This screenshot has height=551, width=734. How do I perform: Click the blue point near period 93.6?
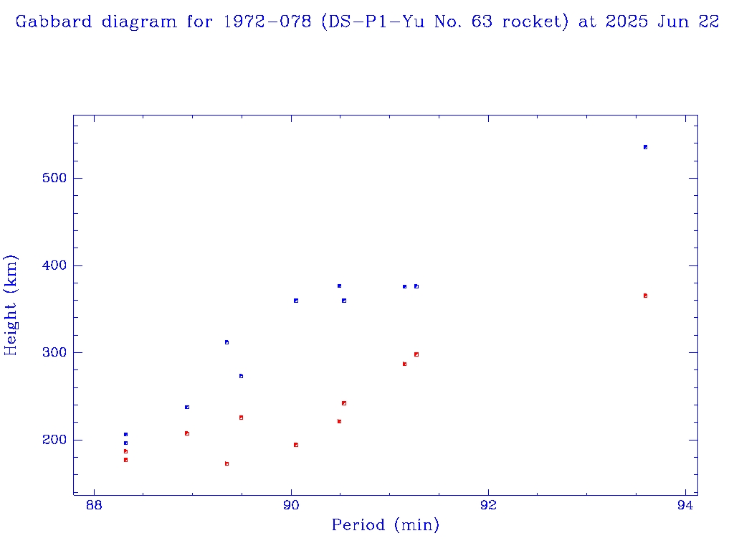[x=645, y=147]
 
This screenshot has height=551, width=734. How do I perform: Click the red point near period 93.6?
[x=645, y=296]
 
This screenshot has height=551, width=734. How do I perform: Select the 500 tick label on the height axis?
[x=51, y=178]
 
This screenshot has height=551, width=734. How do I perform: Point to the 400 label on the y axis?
[x=51, y=265]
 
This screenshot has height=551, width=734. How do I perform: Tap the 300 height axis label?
[x=51, y=353]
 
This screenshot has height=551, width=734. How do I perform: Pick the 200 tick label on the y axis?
[x=51, y=440]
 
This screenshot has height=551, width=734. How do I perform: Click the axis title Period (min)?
[x=386, y=526]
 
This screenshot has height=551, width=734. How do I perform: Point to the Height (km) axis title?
[x=11, y=305]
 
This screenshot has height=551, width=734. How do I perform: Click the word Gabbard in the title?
[x=54, y=22]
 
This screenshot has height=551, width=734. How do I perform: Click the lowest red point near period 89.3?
[x=227, y=464]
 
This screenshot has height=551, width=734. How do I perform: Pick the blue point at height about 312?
[x=227, y=342]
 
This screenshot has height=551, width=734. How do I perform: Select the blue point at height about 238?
[x=187, y=407]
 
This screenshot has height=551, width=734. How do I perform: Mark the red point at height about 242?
[x=344, y=403]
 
